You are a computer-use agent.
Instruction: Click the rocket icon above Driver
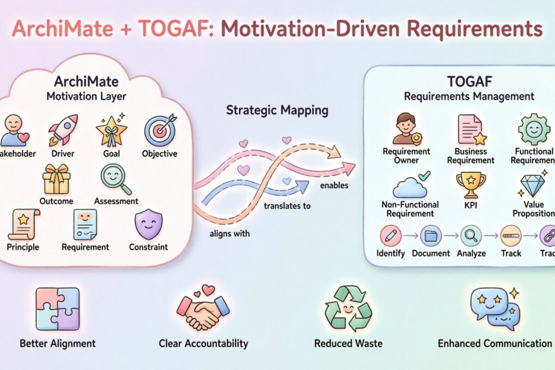click(63, 130)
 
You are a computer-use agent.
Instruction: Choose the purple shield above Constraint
click(148, 225)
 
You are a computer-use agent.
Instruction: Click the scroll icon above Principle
click(23, 224)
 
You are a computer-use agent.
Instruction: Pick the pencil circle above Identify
click(390, 235)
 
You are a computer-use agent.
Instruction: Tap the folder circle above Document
click(431, 235)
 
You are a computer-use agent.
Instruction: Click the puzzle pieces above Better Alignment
click(57, 309)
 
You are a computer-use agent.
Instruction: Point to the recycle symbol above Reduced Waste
click(348, 309)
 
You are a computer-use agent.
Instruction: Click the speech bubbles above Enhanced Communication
click(494, 307)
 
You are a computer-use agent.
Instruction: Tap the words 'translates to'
click(287, 206)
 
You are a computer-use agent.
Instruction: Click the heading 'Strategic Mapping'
click(277, 110)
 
